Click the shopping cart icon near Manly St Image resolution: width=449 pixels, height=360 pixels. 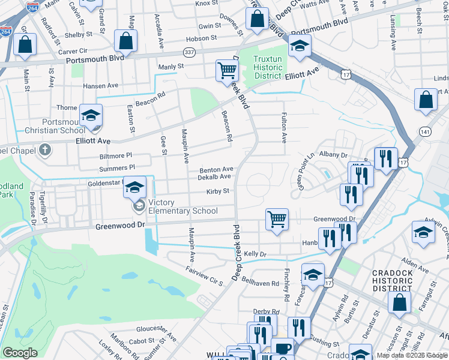227,71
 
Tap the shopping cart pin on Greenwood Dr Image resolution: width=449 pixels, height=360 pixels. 277,220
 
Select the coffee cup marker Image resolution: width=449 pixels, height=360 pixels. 282,348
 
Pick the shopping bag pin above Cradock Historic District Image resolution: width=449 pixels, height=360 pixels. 399,304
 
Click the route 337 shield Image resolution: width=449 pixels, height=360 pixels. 190,52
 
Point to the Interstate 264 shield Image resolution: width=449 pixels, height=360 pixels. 6,31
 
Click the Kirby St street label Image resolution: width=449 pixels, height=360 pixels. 218,191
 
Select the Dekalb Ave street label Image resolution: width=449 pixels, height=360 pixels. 215,176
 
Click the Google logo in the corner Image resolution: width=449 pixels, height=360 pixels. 20,353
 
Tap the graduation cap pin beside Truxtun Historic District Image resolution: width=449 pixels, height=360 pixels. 299,46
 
